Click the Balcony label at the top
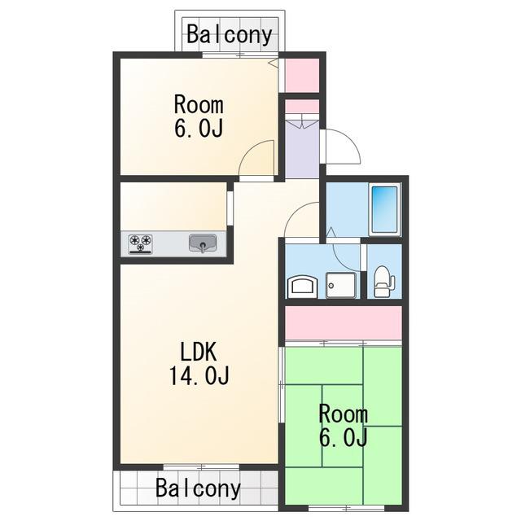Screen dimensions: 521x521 (x=230, y=34)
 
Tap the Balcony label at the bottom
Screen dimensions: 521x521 (x=198, y=488)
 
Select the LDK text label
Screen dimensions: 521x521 (x=199, y=352)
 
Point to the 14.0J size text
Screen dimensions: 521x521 (x=199, y=375)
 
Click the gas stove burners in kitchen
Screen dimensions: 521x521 (x=141, y=244)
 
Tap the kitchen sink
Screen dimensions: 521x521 (x=203, y=243)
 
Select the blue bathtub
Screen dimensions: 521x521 (x=385, y=209)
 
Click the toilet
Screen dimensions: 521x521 (x=384, y=281)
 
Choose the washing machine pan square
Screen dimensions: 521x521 (x=341, y=285)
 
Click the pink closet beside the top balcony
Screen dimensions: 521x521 (x=302, y=76)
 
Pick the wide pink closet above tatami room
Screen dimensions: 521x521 (x=344, y=322)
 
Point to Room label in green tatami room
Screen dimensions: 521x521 (x=344, y=414)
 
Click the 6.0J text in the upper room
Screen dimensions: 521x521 (x=199, y=128)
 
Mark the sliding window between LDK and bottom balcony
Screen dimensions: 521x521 (x=201, y=467)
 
